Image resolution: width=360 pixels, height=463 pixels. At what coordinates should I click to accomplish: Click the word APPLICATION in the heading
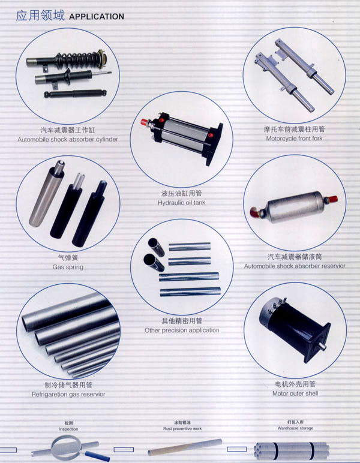[97, 17]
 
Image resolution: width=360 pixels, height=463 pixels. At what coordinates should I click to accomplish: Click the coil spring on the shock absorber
[77, 59]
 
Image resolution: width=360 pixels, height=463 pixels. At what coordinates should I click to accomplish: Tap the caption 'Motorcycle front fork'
[294, 138]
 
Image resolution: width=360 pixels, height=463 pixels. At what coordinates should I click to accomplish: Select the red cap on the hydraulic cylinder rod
[145, 122]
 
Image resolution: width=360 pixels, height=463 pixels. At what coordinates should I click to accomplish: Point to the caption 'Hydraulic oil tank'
[181, 203]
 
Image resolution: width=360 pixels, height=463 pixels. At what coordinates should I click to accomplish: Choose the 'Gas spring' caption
[68, 267]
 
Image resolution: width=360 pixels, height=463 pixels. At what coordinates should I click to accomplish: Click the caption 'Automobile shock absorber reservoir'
[295, 266]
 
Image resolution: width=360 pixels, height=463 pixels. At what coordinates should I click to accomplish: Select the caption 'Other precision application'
[182, 330]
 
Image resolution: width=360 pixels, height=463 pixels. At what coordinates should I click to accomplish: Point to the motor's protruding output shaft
[322, 347]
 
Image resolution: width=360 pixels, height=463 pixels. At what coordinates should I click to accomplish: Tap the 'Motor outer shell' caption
[295, 393]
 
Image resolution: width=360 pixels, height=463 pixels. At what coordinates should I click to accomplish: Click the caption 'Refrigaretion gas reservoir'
[68, 394]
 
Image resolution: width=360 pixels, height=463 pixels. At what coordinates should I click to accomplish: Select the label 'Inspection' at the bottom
[68, 429]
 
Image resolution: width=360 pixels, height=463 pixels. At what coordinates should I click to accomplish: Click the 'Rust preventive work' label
[182, 428]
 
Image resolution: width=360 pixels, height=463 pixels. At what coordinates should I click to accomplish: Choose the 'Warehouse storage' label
[295, 428]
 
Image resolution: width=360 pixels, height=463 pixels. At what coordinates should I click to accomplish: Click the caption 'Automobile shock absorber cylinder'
[68, 139]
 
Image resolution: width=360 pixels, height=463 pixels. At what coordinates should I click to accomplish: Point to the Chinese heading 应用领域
[40, 16]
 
